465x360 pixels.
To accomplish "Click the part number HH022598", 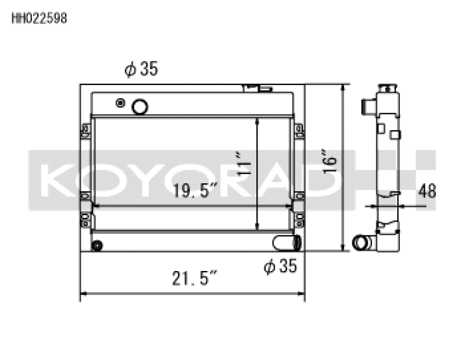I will coord(40,18).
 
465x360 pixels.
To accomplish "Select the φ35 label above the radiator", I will coord(141,69).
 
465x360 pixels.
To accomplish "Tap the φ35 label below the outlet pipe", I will coord(280,266).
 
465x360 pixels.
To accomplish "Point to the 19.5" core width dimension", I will coord(195,190).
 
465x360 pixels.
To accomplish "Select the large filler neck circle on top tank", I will coord(140,106).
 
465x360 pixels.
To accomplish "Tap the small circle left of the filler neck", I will coord(120,103).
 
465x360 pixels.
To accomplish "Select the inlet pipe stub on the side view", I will coord(368,107).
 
